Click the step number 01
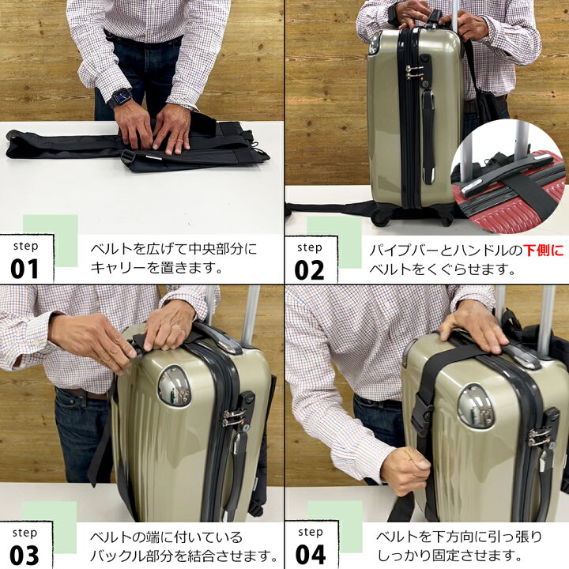[x=24, y=269]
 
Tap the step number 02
[x=309, y=269]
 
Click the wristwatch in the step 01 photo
[x=120, y=99]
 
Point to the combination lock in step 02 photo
[x=413, y=72]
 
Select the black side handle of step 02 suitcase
[x=428, y=134]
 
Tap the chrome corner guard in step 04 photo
[x=476, y=405]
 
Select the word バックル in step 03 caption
[x=119, y=554]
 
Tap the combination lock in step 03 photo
[x=235, y=416]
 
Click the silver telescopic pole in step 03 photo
[x=251, y=316]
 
